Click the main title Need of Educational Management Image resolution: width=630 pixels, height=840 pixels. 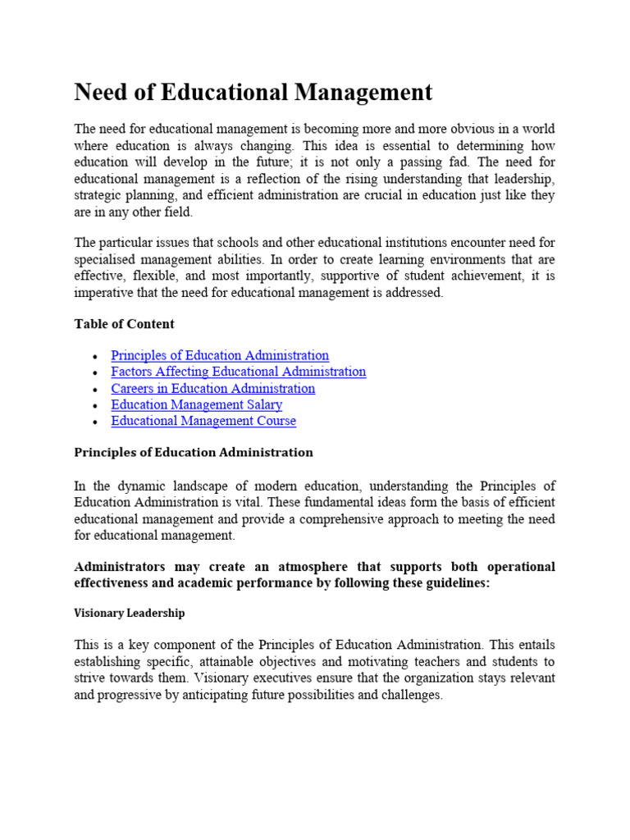coord(253,93)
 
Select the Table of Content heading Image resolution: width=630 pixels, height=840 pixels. coord(124,324)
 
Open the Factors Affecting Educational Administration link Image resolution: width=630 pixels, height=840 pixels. coord(238,372)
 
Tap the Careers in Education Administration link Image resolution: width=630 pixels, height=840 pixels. coord(212,388)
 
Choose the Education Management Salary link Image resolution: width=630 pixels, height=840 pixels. coord(196,404)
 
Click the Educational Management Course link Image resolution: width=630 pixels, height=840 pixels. coord(203,421)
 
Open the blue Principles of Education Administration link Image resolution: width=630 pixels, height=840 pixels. coord(220,355)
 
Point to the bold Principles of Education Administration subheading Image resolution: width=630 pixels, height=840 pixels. coord(194,452)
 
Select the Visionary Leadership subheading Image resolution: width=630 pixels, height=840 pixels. coord(129,613)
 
